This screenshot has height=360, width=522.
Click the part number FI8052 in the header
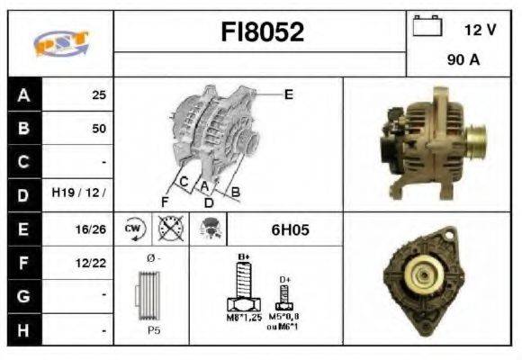point(262,32)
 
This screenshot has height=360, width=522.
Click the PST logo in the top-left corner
point(59,42)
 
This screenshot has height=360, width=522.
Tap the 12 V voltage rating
point(480,30)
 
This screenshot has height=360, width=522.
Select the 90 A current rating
point(463,60)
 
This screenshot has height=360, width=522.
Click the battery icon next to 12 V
point(426,28)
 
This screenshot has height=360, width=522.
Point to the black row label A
point(24,94)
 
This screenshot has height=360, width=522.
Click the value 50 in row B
point(98,129)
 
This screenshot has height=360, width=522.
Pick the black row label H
point(24,330)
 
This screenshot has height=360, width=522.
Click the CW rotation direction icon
point(134,229)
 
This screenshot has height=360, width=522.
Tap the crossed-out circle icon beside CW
point(167,229)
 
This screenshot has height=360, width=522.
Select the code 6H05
point(290,229)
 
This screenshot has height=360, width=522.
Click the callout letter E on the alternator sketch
point(288,94)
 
